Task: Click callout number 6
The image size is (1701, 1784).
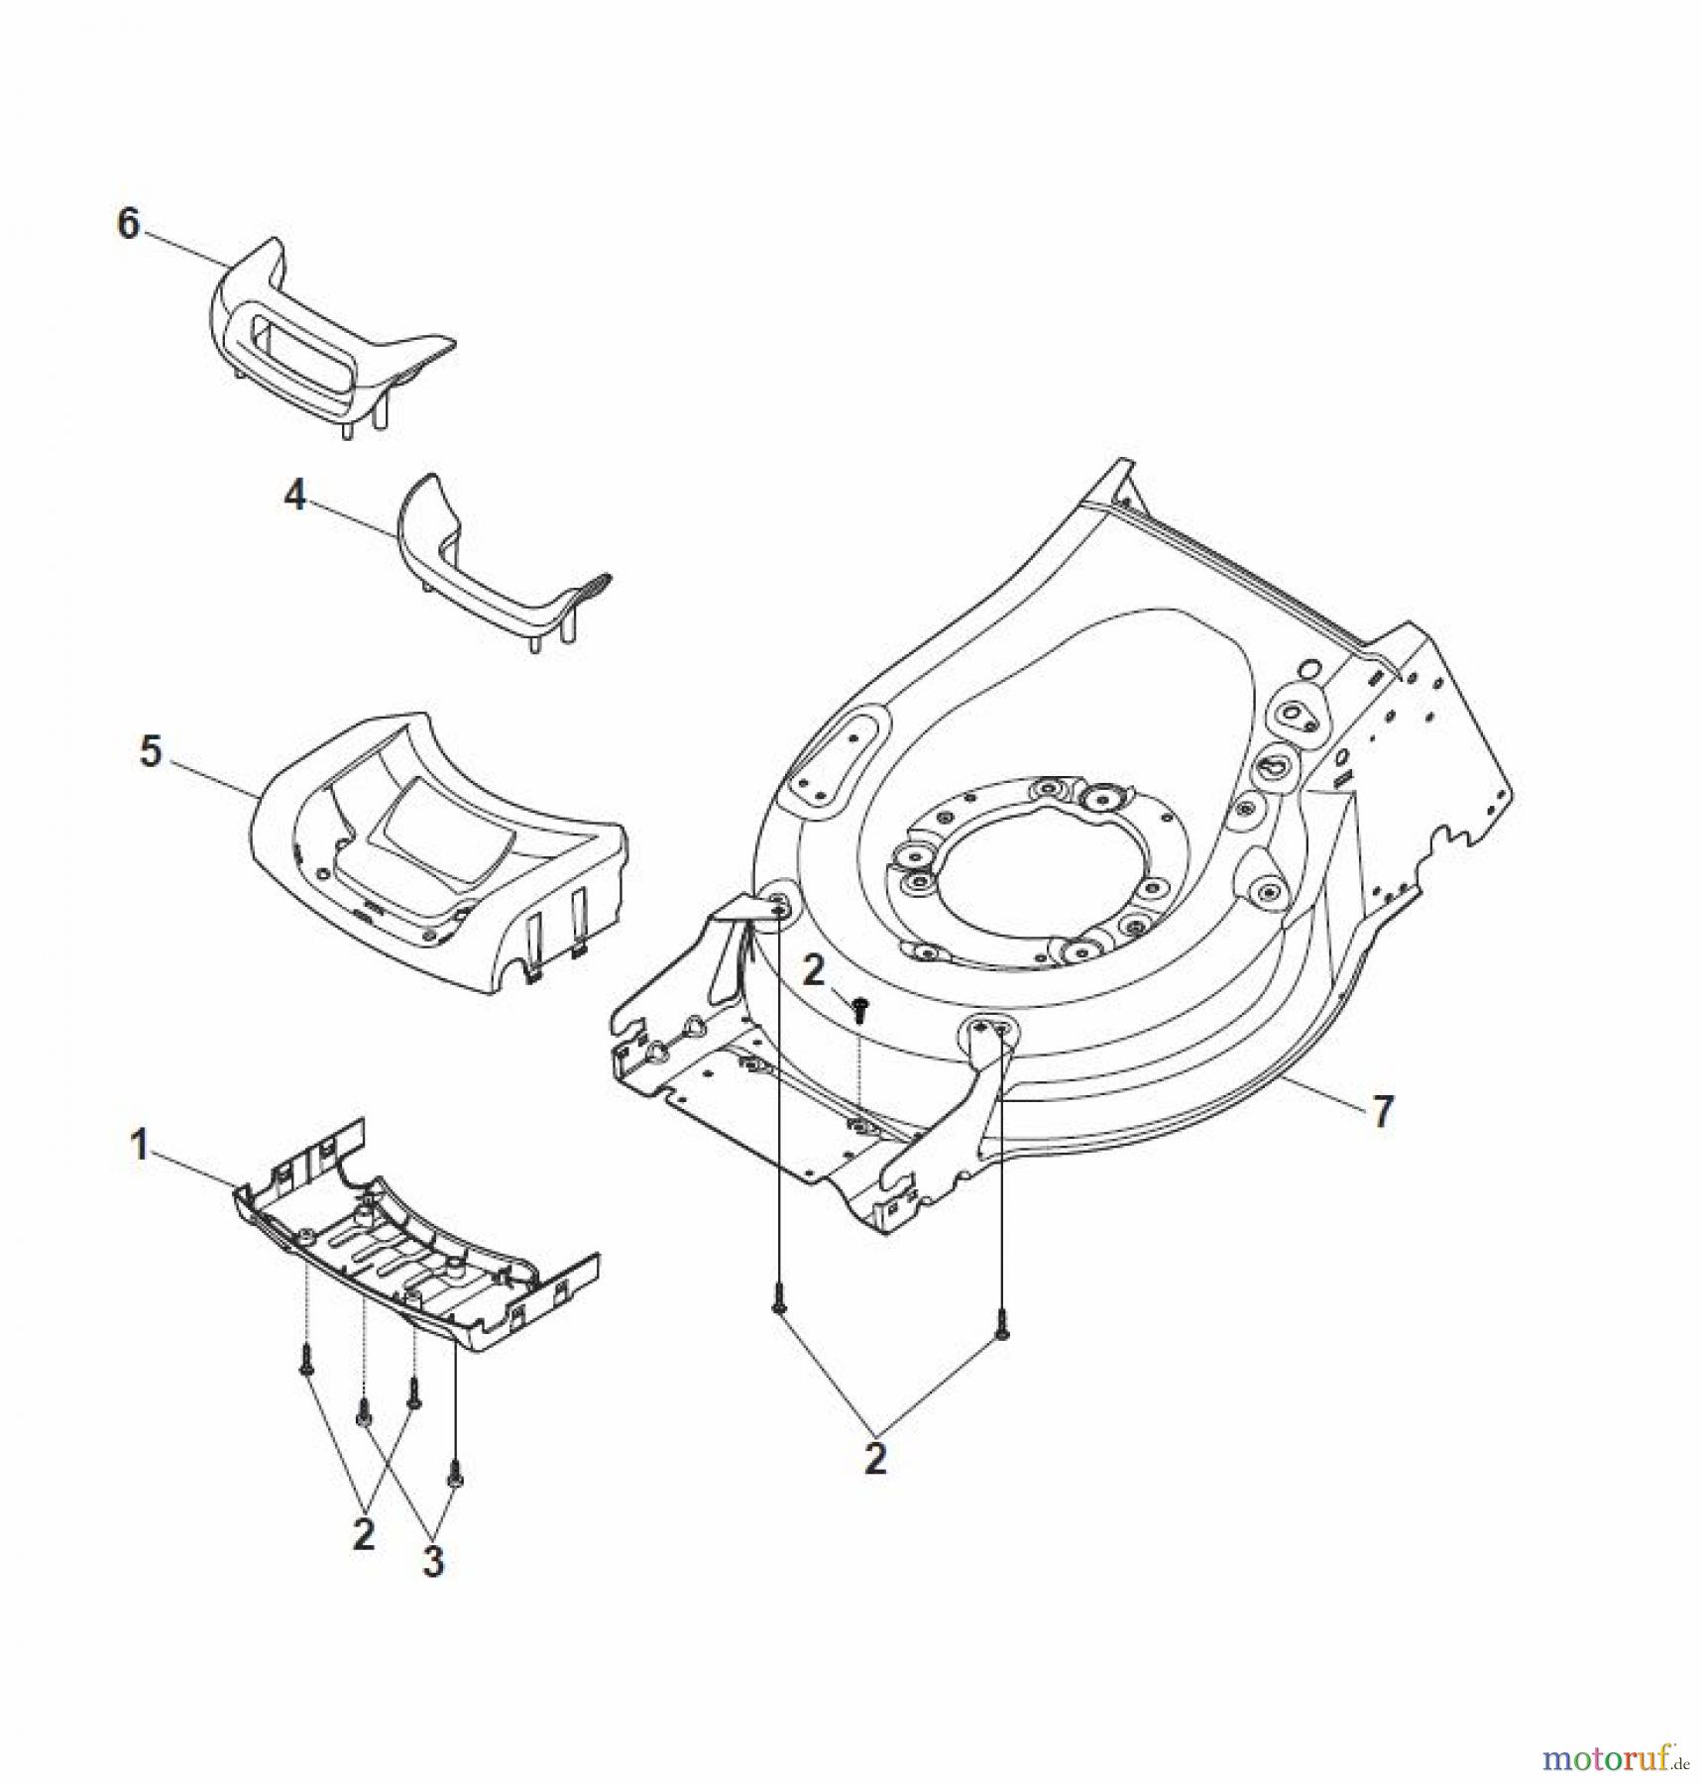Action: click(129, 224)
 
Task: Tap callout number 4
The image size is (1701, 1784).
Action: click(295, 496)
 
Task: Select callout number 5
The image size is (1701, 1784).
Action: click(150, 751)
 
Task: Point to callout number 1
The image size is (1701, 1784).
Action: click(140, 1146)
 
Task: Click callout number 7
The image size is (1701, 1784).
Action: click(1382, 1111)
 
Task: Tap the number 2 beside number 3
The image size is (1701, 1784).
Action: click(364, 1534)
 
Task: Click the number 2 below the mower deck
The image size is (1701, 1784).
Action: click(874, 1458)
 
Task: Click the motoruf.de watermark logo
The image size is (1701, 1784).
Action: click(1613, 1756)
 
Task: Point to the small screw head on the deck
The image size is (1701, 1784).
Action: click(859, 1007)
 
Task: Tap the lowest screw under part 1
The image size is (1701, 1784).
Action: click(455, 1476)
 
